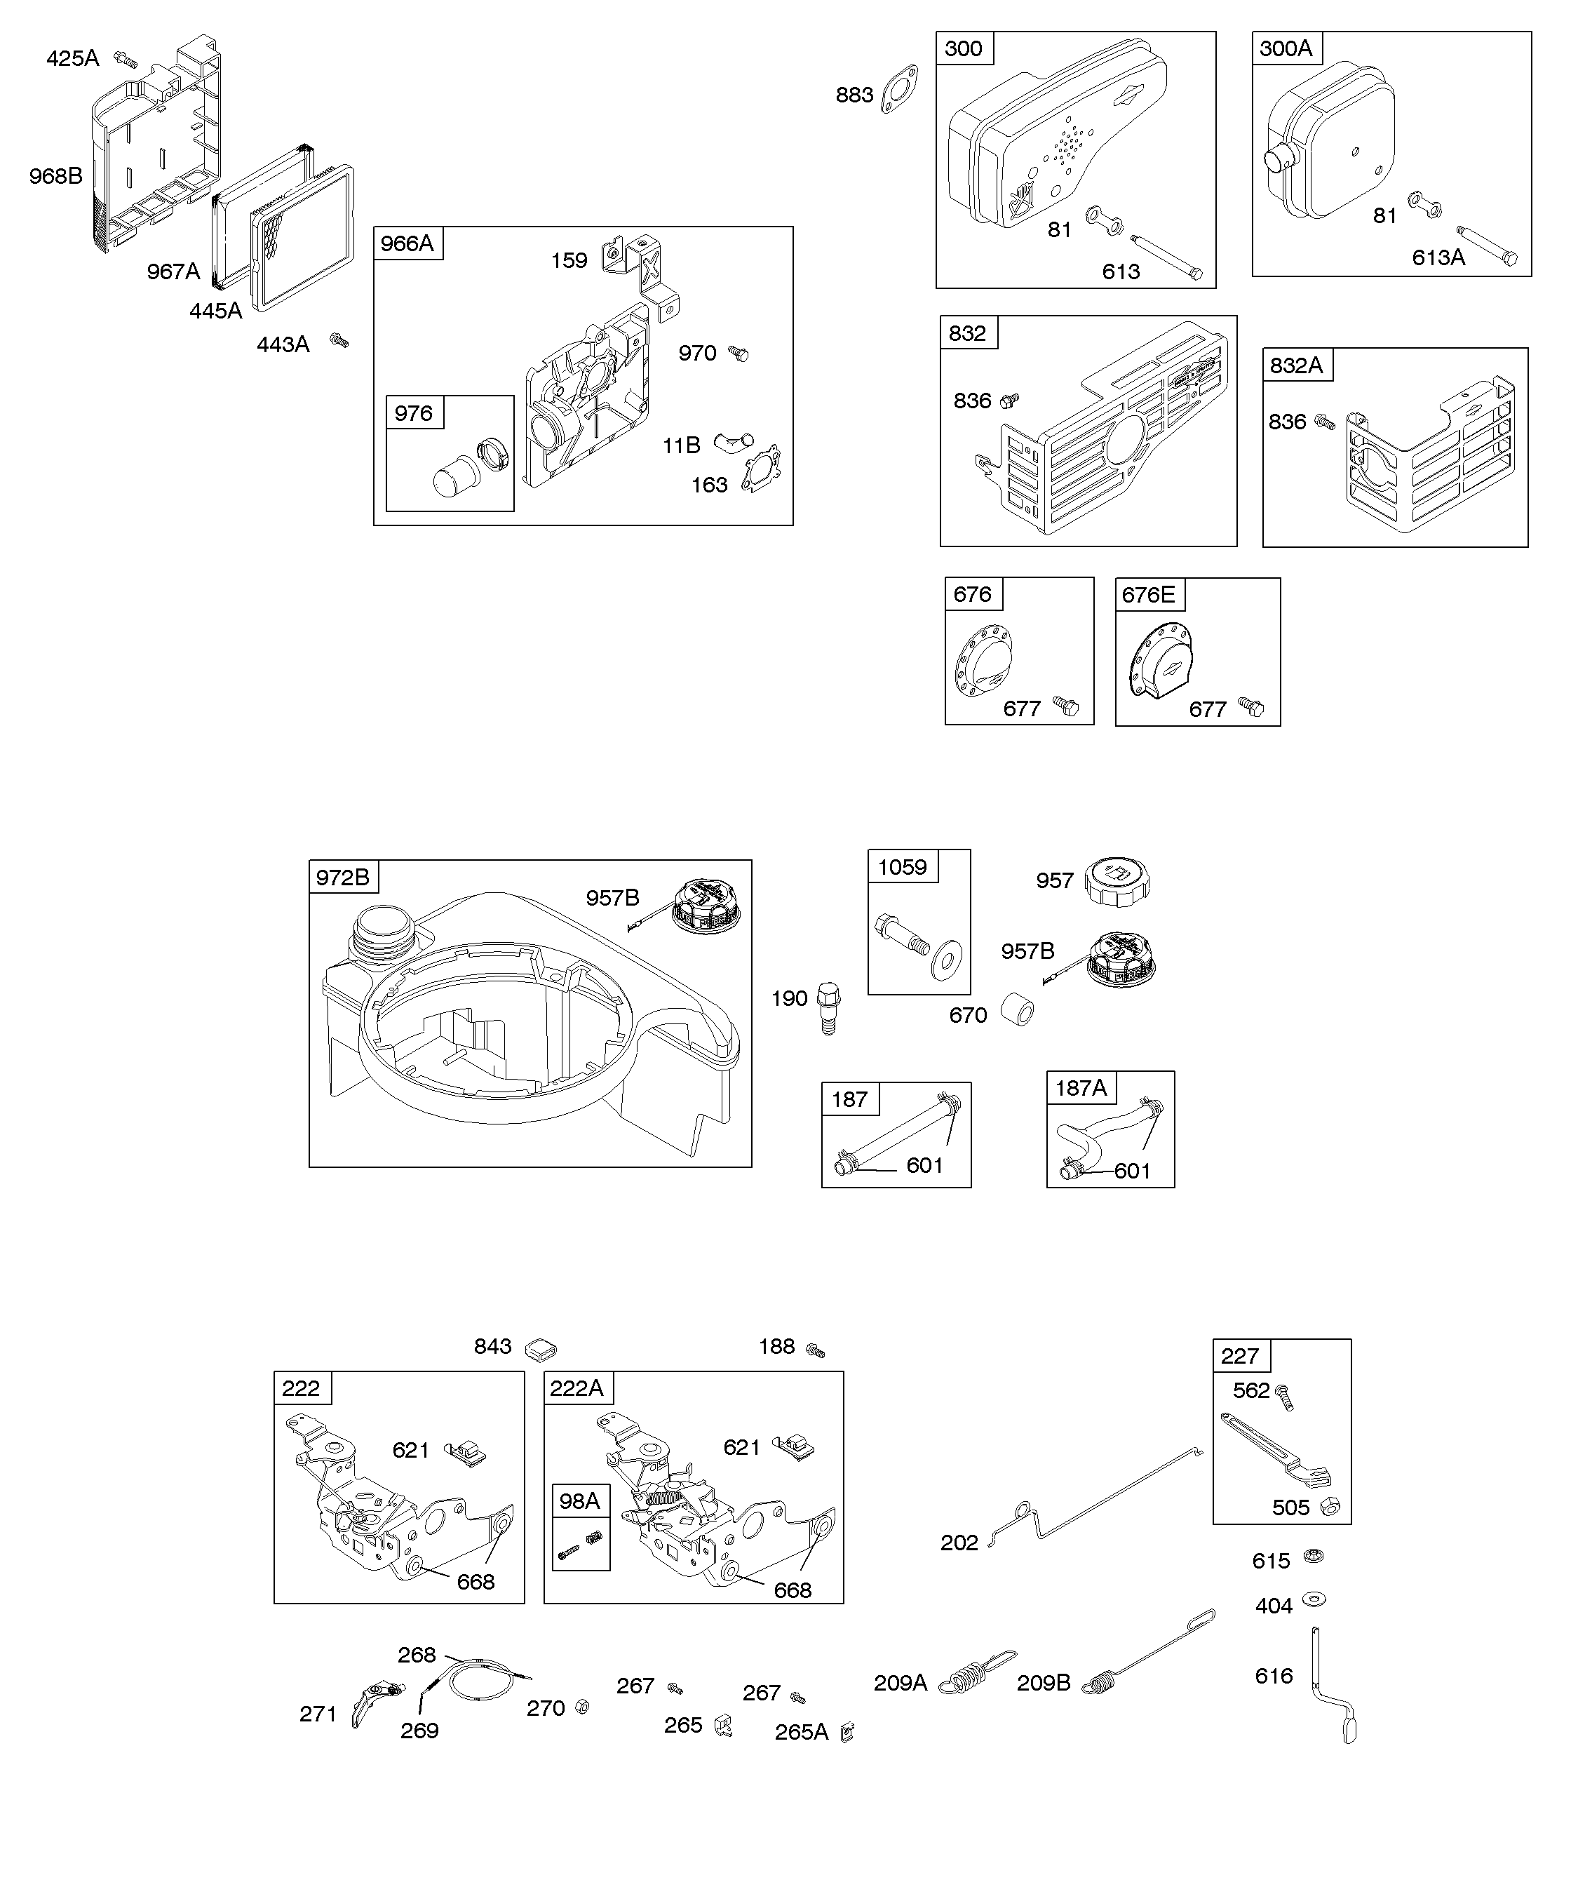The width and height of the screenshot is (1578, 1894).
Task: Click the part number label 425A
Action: tap(72, 59)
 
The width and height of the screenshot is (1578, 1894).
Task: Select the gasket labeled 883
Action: tap(899, 90)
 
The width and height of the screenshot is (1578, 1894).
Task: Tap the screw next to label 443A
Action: tap(339, 340)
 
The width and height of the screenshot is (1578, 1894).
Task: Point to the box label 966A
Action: tap(407, 243)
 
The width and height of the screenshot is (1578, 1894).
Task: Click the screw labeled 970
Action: tap(739, 353)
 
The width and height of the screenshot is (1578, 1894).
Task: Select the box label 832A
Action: tap(1297, 365)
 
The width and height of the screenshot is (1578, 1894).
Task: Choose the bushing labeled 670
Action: tap(1016, 1011)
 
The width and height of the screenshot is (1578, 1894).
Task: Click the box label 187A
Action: tap(1080, 1089)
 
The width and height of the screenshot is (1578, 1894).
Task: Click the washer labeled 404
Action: tap(1316, 1600)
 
